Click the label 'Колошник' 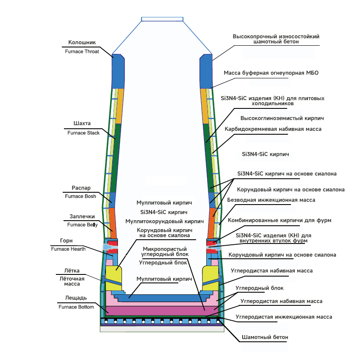82,42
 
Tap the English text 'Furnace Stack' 83,133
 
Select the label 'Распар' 81,188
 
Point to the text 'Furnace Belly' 83,225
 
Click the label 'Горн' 66,241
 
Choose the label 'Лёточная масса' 72,281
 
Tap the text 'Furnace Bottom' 76,307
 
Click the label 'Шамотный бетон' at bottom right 265,337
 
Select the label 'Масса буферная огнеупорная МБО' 271,73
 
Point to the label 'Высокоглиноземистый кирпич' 282,118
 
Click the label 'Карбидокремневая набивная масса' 273,129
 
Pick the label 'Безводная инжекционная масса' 271,200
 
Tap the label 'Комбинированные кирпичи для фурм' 280,220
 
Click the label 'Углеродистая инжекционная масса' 284,317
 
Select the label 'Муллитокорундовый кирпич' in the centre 164,222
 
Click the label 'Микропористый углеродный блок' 165,252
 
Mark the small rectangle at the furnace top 162,19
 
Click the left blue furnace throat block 118,72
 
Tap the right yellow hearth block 210,278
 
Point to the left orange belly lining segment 112,223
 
